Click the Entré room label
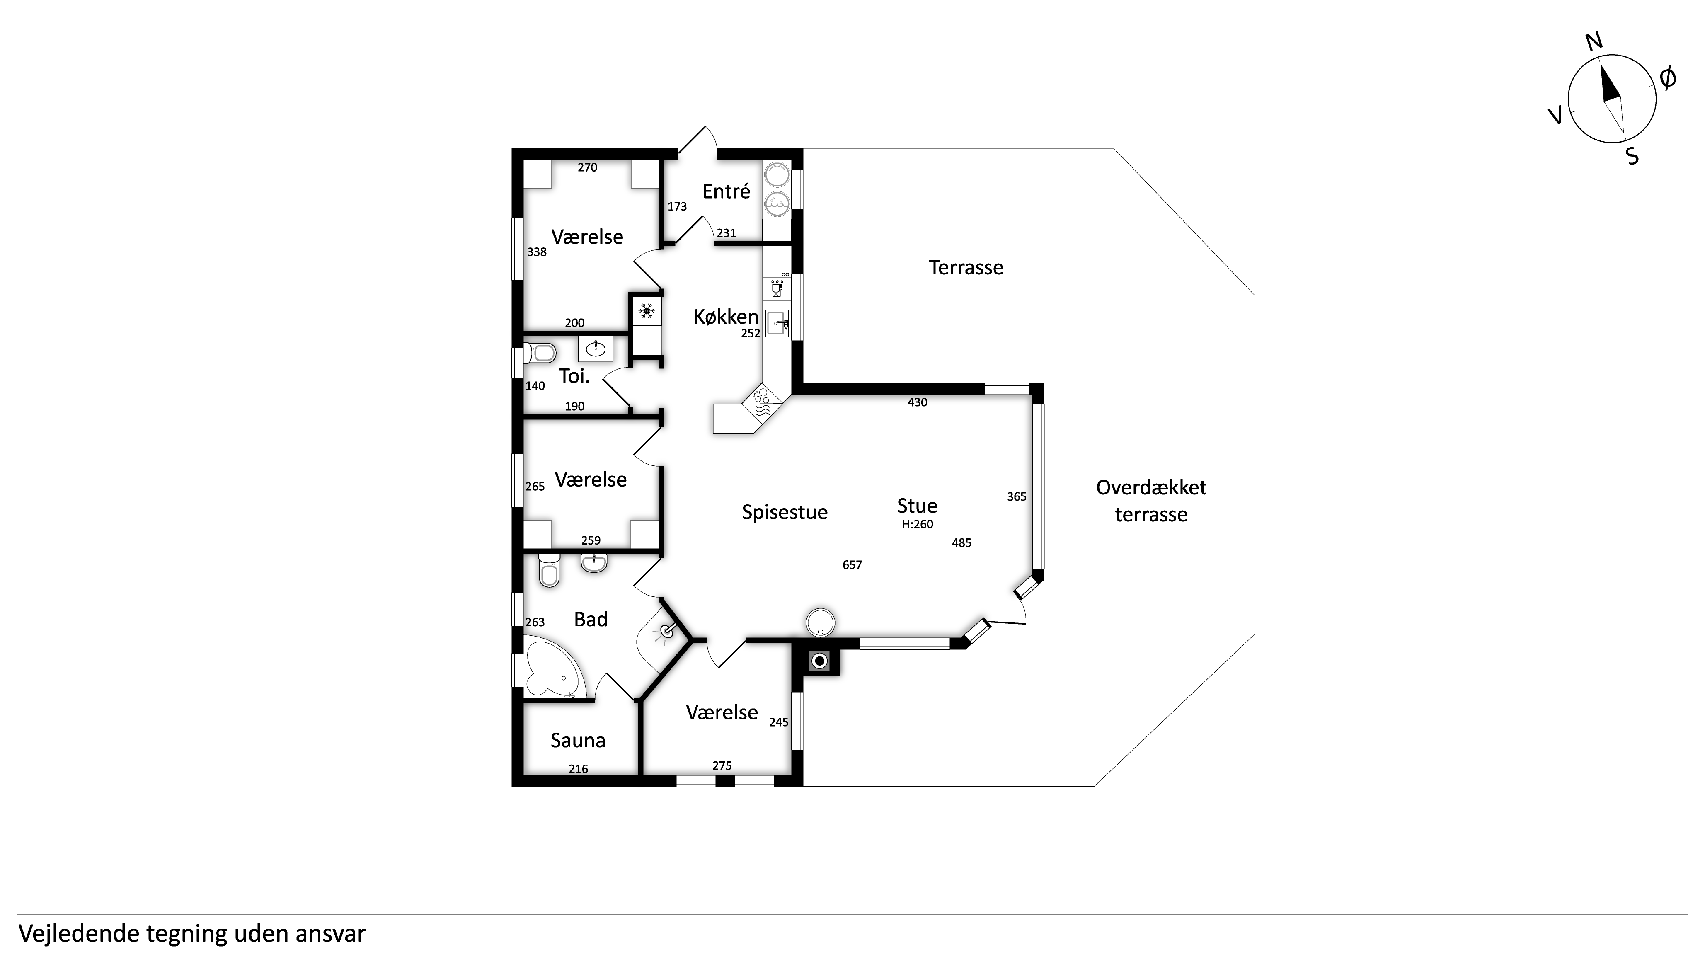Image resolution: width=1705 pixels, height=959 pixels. (x=726, y=191)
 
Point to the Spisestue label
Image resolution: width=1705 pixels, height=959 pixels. (x=785, y=512)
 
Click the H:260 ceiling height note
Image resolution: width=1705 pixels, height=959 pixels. (x=918, y=524)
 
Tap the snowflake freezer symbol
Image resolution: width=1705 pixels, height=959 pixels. (x=647, y=310)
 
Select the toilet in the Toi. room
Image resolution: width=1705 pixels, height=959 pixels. (x=540, y=353)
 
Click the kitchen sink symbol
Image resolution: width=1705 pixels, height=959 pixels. (x=777, y=324)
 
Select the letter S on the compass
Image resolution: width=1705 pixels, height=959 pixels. (x=1633, y=156)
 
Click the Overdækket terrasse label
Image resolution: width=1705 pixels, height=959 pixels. (x=1151, y=501)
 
